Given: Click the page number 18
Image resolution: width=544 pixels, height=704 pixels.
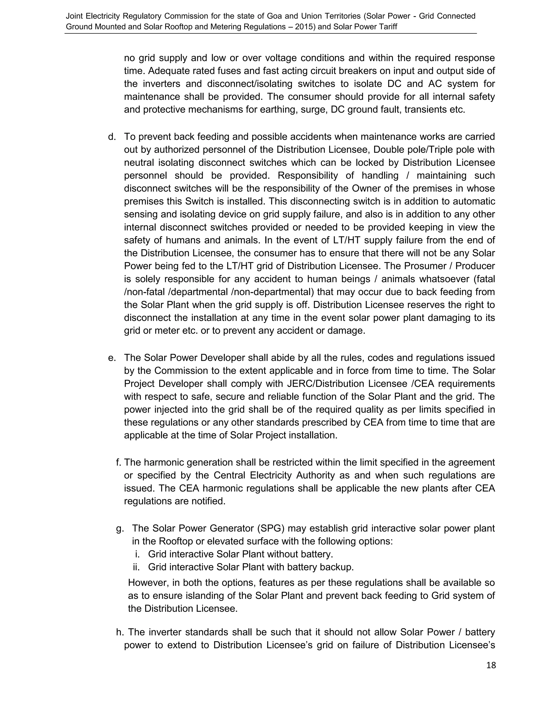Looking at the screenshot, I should (x=491, y=665).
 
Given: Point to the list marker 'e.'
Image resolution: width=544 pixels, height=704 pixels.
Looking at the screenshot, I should (x=112, y=358).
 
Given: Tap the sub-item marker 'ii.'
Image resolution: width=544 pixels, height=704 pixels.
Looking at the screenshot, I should (x=137, y=567).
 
